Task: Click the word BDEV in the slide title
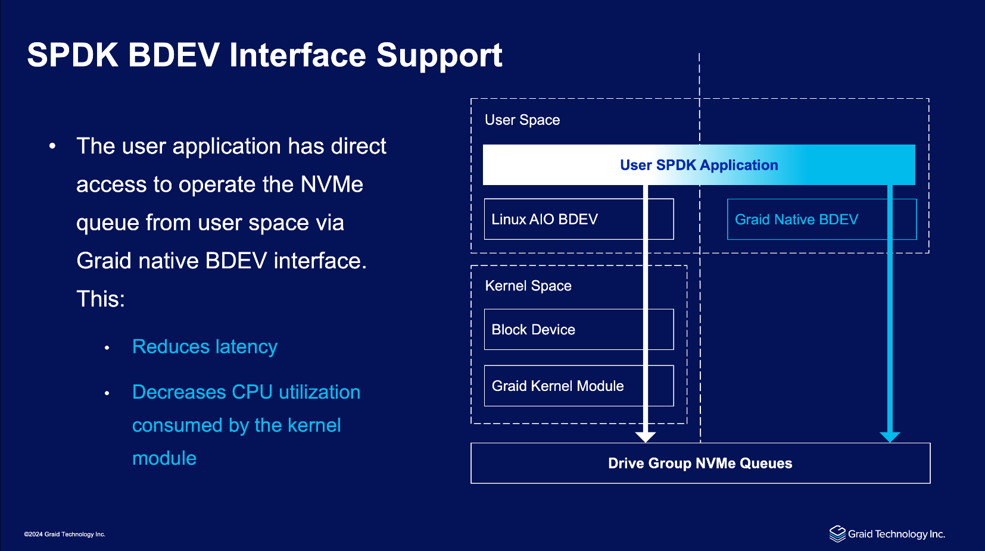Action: point(173,55)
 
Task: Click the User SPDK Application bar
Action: point(699,165)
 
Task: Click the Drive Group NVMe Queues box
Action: point(700,463)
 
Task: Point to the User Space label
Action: point(522,120)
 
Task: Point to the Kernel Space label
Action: point(528,286)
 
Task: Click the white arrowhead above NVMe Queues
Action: point(646,437)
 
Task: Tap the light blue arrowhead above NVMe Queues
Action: point(890,437)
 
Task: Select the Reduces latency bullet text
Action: point(205,347)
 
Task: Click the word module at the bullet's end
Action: point(164,458)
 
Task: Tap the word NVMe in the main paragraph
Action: point(332,184)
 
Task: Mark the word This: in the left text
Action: point(101,299)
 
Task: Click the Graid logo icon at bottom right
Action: point(837,534)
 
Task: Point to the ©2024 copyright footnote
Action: point(65,534)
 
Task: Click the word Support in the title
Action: point(439,55)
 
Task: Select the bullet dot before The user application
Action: point(52,146)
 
